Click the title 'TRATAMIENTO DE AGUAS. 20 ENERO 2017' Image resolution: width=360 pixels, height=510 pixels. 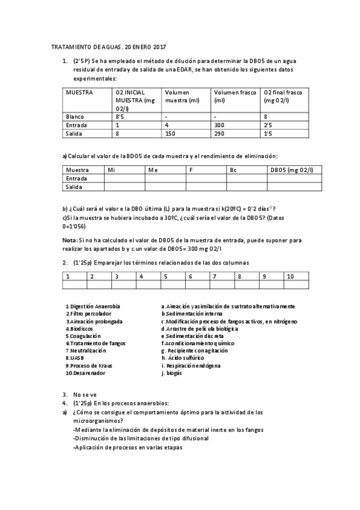click(x=108, y=46)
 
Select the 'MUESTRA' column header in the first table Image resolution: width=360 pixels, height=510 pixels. click(x=78, y=93)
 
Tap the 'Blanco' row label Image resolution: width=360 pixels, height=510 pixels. click(x=75, y=116)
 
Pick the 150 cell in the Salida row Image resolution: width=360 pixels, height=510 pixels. click(x=171, y=134)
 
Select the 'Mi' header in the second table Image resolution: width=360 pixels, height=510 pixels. click(x=111, y=170)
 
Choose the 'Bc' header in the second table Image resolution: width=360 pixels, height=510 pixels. click(x=234, y=170)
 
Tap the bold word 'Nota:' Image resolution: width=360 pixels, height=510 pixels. click(x=70, y=240)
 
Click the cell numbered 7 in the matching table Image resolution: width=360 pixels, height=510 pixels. click(x=213, y=276)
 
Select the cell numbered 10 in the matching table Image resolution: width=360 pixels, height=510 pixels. click(x=290, y=276)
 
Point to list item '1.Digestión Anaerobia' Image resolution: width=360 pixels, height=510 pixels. click(x=93, y=306)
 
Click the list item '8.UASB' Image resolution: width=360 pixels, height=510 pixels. click(x=75, y=357)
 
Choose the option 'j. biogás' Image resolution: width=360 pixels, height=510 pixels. click(x=172, y=373)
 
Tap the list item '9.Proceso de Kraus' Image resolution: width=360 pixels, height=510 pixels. click(x=89, y=365)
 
